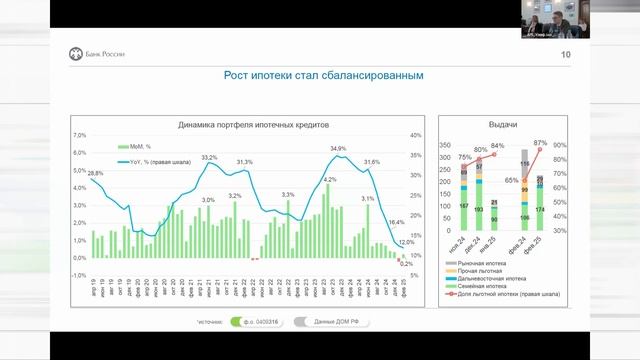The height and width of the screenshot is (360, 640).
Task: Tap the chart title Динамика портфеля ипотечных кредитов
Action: pyautogui.click(x=253, y=125)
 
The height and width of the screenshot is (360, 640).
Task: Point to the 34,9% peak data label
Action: pyautogui.click(x=338, y=149)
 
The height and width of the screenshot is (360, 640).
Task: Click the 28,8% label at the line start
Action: pyautogui.click(x=95, y=174)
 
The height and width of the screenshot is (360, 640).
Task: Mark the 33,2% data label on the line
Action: pyautogui.click(x=209, y=157)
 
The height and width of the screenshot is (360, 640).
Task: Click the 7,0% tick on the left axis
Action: pyautogui.click(x=80, y=135)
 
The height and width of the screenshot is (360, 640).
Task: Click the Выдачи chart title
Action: pyautogui.click(x=502, y=125)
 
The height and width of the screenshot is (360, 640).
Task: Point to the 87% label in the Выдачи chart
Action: pyautogui.click(x=540, y=142)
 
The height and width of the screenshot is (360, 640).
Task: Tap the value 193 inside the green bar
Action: pyautogui.click(x=479, y=209)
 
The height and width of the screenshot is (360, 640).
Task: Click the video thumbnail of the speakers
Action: pyautogui.click(x=558, y=20)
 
